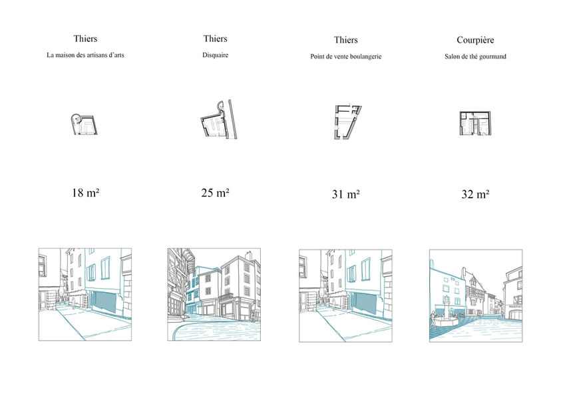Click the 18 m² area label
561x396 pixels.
coord(85,193)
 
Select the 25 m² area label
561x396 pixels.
coord(215,193)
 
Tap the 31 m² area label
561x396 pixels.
coord(345,194)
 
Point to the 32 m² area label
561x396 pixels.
coord(475,194)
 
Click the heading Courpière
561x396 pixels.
coord(475,40)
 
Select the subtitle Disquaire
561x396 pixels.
coord(216,55)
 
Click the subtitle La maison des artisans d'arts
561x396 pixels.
coord(85,55)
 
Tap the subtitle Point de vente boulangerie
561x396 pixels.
coord(345,57)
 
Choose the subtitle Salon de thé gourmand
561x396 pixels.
coord(475,57)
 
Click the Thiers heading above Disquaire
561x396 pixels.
coord(216,39)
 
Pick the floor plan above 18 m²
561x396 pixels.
coord(85,124)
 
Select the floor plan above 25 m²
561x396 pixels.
coord(218,119)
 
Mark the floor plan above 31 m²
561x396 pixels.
coord(347,122)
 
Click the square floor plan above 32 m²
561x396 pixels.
coord(475,123)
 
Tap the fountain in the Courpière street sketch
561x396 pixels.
coord(445,313)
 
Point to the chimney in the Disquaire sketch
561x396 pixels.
coord(248,255)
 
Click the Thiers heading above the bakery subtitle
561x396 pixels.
coord(345,40)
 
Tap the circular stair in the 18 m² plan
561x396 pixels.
coord(75,118)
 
